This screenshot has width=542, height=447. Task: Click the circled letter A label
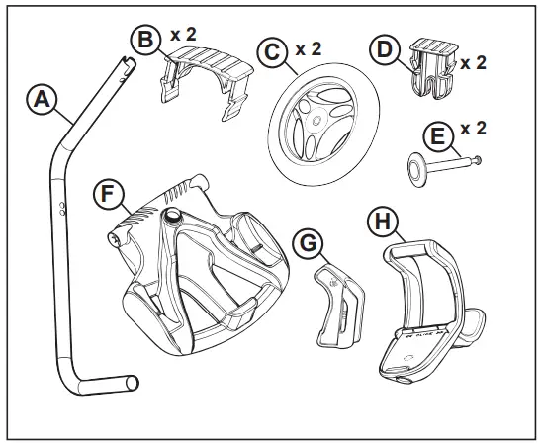click(x=40, y=100)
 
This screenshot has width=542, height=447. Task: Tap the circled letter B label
click(x=145, y=41)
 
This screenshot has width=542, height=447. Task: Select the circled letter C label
click(x=269, y=51)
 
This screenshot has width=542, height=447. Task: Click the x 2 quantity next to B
click(x=184, y=35)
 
